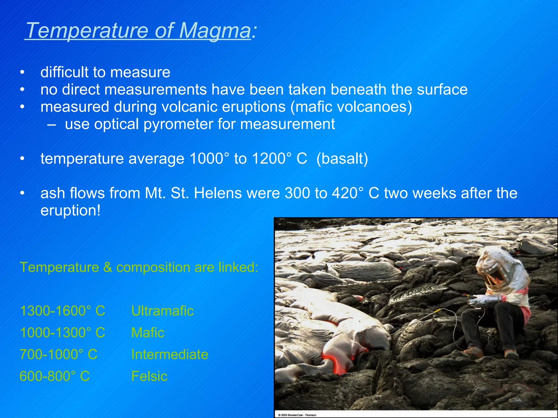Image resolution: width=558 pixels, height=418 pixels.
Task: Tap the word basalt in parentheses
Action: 342,159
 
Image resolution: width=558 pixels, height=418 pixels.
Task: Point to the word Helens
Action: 218,193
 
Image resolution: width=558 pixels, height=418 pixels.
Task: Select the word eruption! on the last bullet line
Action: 70,210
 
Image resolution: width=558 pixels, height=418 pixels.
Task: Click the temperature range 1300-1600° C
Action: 62,311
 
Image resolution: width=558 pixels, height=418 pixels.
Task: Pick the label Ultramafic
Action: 162,311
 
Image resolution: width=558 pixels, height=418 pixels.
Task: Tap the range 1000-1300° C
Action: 62,333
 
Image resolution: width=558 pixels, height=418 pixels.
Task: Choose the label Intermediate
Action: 169,354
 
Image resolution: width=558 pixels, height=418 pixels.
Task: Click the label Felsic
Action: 149,376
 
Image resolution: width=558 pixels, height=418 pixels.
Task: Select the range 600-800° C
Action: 54,376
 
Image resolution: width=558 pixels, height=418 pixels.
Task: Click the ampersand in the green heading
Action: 108,267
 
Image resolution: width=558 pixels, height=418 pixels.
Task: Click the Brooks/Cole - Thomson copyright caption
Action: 297,415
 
